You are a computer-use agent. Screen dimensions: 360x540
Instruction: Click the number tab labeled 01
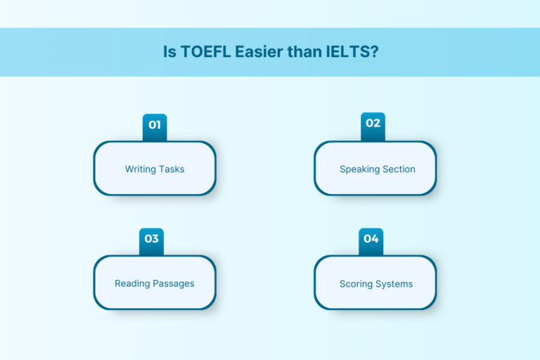pos(155,126)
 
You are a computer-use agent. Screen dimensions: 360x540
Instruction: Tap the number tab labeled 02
pos(373,124)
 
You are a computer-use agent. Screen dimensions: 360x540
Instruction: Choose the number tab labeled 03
pos(152,240)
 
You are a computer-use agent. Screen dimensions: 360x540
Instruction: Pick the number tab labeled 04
pos(371,240)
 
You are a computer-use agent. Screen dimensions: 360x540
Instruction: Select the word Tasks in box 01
pos(172,169)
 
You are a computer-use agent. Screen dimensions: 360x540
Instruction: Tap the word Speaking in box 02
pos(359,169)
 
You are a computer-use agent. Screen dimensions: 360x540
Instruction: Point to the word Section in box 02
pos(399,169)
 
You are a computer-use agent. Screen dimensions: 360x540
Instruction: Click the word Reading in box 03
pos(133,284)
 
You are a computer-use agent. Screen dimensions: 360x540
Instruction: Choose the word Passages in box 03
pos(174,284)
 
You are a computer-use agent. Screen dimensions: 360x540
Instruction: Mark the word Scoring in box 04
pos(356,284)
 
